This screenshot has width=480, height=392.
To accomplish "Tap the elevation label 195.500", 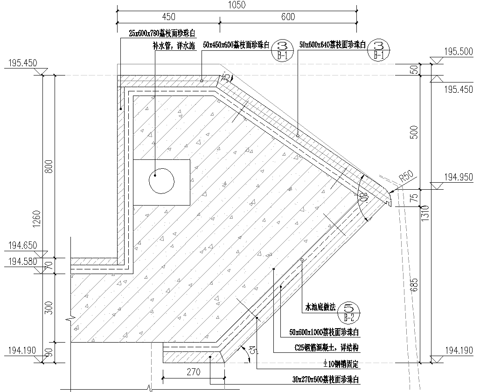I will [x=458, y=52].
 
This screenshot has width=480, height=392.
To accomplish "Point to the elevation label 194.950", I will [x=458, y=177].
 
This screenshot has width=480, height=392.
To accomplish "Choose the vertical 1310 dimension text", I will [x=425, y=212].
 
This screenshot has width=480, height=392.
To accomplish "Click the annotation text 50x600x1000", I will [x=324, y=332].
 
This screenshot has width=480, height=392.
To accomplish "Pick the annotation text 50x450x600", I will [x=236, y=45].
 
